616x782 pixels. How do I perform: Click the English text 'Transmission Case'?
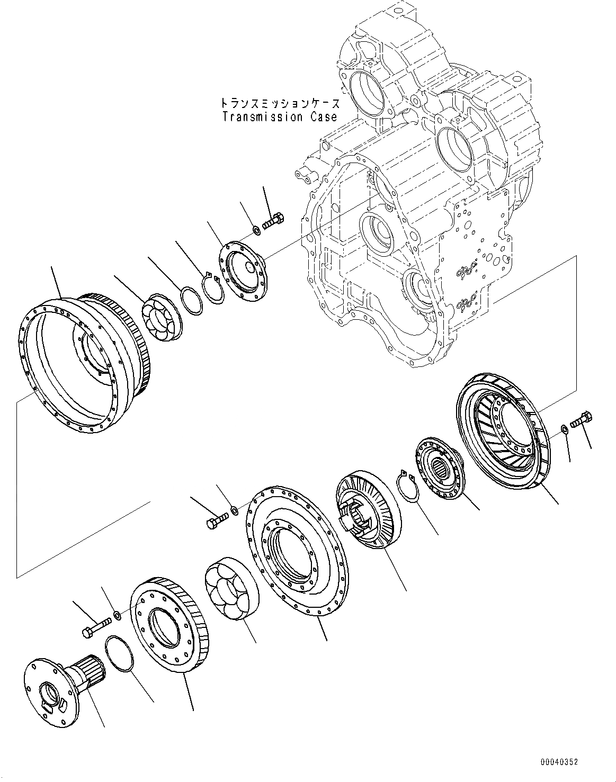tap(280, 117)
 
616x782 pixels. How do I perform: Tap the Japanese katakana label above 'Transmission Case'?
tap(280, 103)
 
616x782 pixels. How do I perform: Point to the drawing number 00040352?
tap(559, 762)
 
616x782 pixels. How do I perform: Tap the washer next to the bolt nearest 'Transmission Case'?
tap(255, 230)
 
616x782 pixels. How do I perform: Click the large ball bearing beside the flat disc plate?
tap(230, 588)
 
